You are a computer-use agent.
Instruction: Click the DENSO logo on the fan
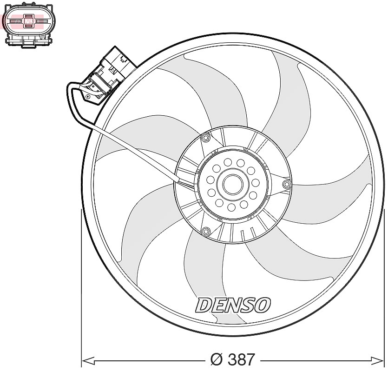pyautogui.click(x=233, y=305)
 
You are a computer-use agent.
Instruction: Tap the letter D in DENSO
pyautogui.click(x=204, y=305)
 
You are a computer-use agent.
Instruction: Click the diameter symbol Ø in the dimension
pyautogui.click(x=216, y=359)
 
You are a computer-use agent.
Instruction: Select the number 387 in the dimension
pyautogui.click(x=241, y=359)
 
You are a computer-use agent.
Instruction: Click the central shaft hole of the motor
pyautogui.click(x=233, y=185)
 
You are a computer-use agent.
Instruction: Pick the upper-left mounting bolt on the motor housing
pyautogui.click(x=205, y=138)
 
